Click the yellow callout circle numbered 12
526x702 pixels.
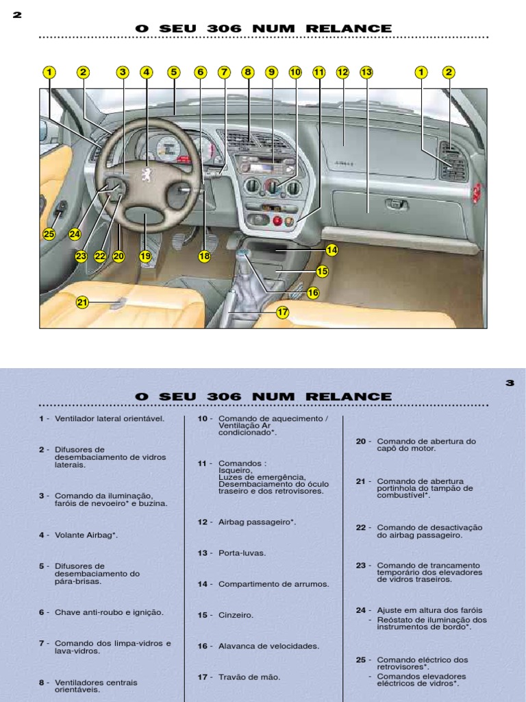pyautogui.click(x=342, y=72)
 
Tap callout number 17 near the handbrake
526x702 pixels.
pyautogui.click(x=283, y=312)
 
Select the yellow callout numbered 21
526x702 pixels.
pyautogui.click(x=82, y=302)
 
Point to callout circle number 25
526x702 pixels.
pyautogui.click(x=49, y=234)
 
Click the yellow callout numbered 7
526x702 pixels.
pyautogui.click(x=224, y=72)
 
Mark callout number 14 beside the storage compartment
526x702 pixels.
pyautogui.click(x=332, y=250)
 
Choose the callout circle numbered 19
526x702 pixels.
pyautogui.click(x=145, y=256)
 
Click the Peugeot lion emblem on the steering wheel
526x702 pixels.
pyautogui.click(x=146, y=174)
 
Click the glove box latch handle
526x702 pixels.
pyautogui.click(x=395, y=204)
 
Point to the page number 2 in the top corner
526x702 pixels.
pyautogui.click(x=17, y=15)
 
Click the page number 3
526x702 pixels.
pyautogui.click(x=510, y=383)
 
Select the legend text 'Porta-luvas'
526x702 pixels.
pyautogui.click(x=242, y=553)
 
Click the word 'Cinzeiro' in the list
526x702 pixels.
pyautogui.click(x=236, y=615)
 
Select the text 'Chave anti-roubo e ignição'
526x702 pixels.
pyautogui.click(x=109, y=612)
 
